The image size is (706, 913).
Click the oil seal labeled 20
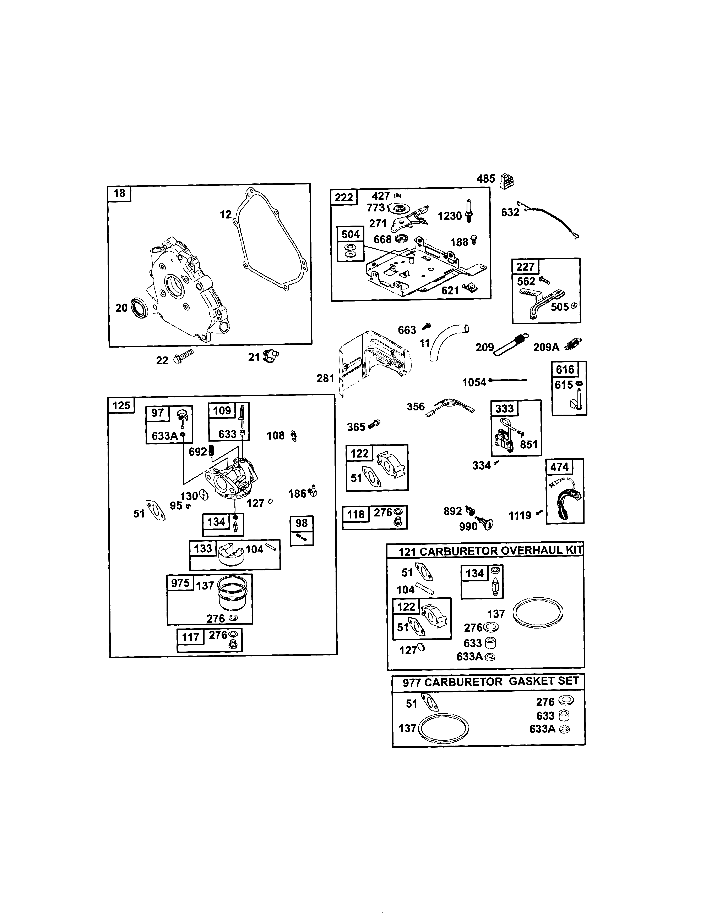tap(139, 308)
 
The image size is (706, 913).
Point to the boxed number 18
tap(119, 193)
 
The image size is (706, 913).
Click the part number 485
tap(486, 179)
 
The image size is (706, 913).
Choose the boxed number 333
tap(504, 408)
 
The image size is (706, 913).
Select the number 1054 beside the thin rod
tap(474, 382)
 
